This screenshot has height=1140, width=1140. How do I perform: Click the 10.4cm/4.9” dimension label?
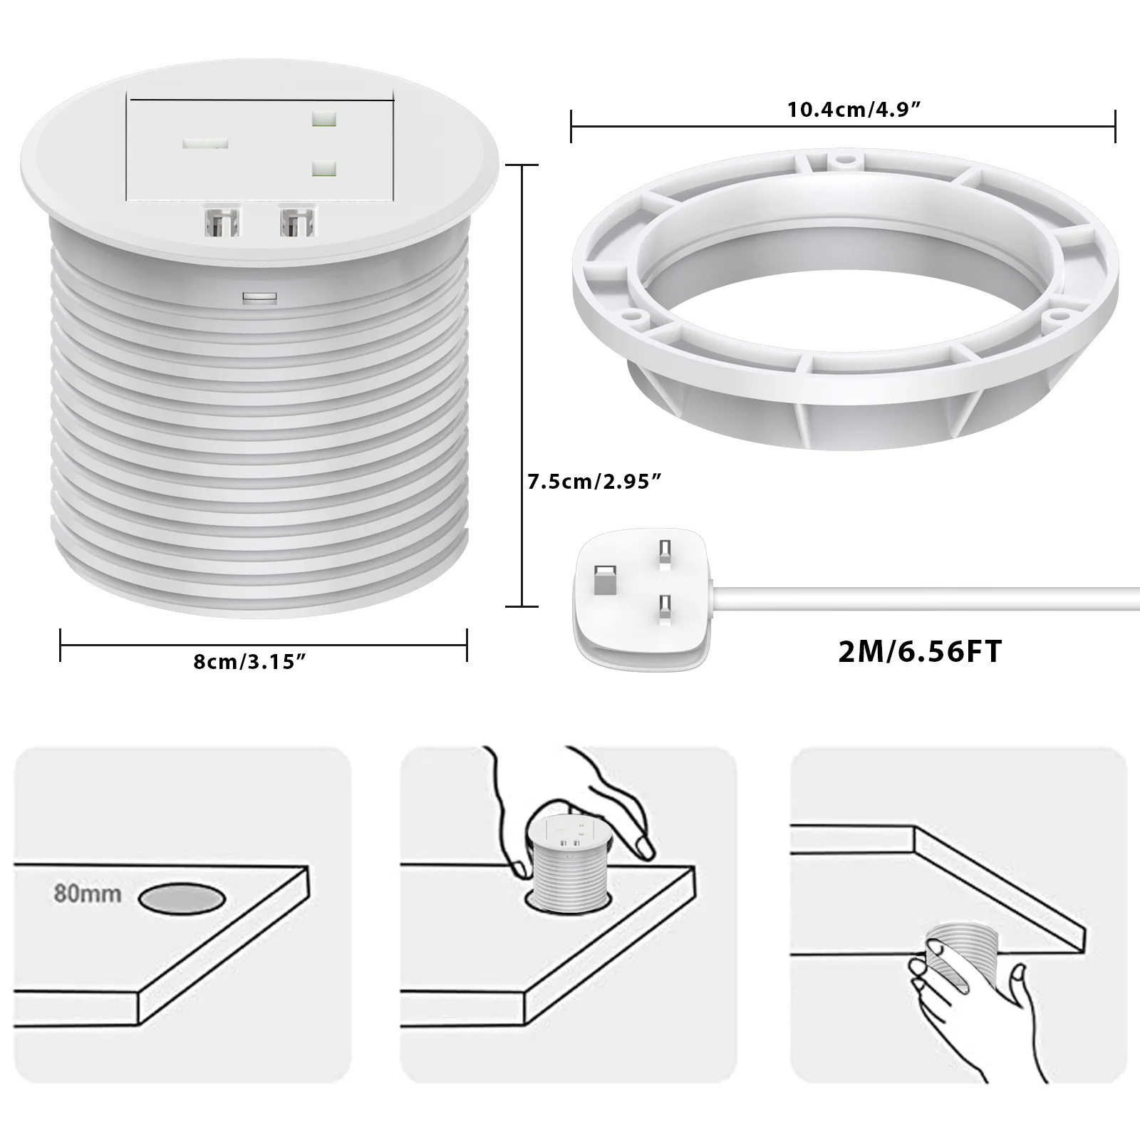[x=853, y=110]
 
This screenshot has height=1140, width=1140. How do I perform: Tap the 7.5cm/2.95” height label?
[x=594, y=482]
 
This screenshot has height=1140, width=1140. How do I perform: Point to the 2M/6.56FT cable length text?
[x=920, y=651]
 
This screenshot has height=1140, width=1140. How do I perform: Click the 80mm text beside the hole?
[x=88, y=893]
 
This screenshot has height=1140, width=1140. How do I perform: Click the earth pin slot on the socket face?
[x=205, y=144]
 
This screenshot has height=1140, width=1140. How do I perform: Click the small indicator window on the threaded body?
[x=259, y=296]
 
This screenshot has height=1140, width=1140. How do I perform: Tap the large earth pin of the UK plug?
[x=604, y=580]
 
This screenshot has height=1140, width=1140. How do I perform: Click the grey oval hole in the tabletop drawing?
[x=182, y=898]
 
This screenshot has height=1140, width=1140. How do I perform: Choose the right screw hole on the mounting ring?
[x=1059, y=311]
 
